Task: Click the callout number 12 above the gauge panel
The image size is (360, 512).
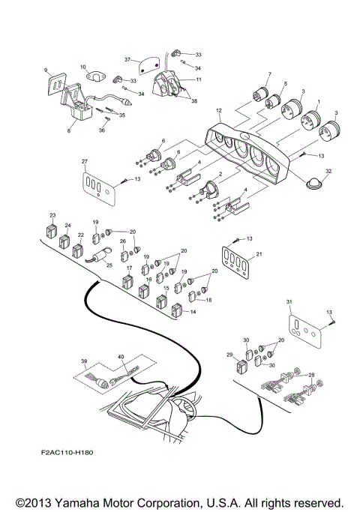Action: click(x=219, y=111)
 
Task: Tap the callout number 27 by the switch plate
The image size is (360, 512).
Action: click(x=85, y=162)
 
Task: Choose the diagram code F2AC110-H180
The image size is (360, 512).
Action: click(x=72, y=453)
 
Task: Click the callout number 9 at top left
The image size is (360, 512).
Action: click(x=46, y=70)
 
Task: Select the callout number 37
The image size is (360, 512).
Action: click(x=128, y=59)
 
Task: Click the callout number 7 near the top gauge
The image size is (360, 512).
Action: click(x=268, y=73)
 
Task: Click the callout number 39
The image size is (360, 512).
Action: click(x=84, y=361)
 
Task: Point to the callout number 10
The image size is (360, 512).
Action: click(x=83, y=67)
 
